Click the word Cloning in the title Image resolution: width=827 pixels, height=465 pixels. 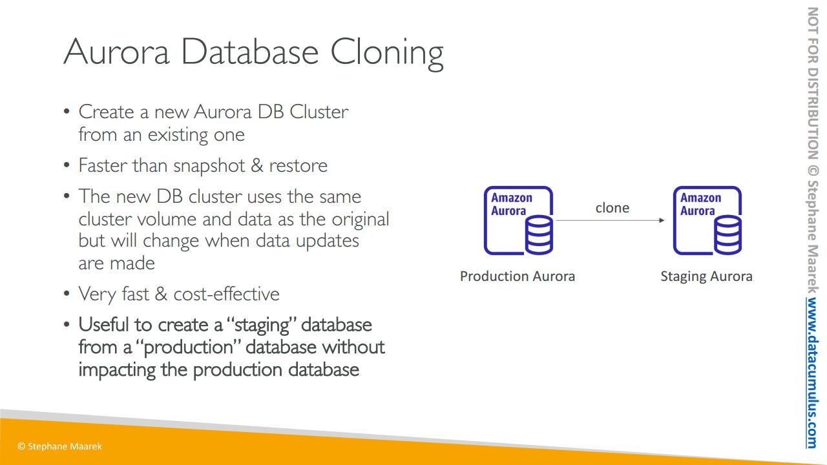pyautogui.click(x=387, y=52)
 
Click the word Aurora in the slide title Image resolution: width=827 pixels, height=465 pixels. pyautogui.click(x=116, y=52)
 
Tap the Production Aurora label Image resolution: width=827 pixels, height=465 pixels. pyautogui.click(x=517, y=276)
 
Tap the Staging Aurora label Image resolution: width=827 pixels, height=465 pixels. pyautogui.click(x=706, y=276)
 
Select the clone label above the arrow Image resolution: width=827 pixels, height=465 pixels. pyautogui.click(x=612, y=207)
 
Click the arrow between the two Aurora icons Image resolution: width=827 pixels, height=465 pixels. pyautogui.click(x=609, y=221)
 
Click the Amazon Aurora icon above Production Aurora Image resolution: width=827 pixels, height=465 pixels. pyautogui.click(x=519, y=220)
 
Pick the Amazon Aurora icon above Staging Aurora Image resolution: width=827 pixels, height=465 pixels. pyautogui.click(x=707, y=220)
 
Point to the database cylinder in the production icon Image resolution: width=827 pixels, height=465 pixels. pyautogui.click(x=539, y=235)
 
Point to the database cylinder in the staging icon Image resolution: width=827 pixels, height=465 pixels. pyautogui.click(x=728, y=235)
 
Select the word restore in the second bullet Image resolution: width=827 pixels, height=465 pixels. pyautogui.click(x=298, y=166)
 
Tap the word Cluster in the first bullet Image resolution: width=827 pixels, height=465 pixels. pyautogui.click(x=319, y=112)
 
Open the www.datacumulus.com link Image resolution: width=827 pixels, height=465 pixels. pyautogui.click(x=811, y=373)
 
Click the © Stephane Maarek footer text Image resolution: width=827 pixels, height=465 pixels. pyautogui.click(x=60, y=446)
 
